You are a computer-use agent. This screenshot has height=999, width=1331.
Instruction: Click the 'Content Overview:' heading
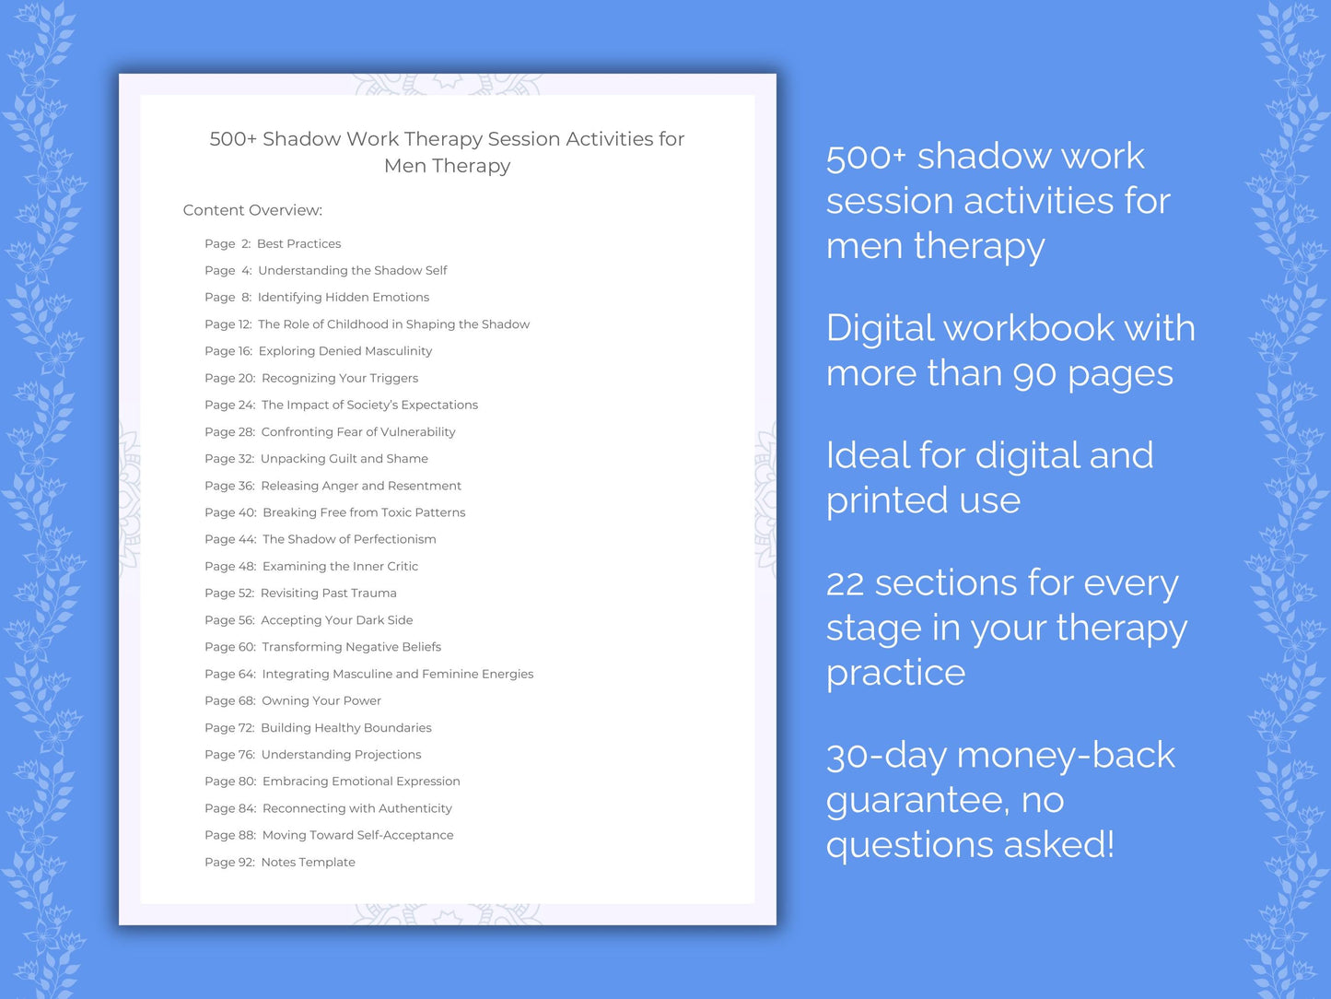click(x=252, y=210)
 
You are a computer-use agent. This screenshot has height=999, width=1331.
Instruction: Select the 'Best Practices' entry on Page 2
click(x=298, y=244)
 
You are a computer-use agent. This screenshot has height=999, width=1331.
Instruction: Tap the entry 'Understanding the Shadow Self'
click(x=352, y=271)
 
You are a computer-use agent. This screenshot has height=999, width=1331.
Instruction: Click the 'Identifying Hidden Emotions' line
click(x=343, y=298)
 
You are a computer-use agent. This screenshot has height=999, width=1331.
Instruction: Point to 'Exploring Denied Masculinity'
click(x=344, y=351)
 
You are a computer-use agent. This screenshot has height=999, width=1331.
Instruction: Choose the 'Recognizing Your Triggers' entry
click(x=339, y=378)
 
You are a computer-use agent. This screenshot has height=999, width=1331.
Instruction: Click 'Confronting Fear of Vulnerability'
click(x=357, y=432)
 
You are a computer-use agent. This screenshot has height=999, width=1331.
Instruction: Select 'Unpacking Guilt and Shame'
click(x=344, y=459)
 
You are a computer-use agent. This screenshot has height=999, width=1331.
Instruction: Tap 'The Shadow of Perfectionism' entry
click(x=349, y=539)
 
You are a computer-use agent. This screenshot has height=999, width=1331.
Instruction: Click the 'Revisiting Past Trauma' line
click(x=328, y=594)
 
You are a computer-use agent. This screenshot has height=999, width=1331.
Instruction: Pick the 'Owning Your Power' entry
click(x=321, y=701)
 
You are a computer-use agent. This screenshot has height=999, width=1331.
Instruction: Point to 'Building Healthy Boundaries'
click(x=345, y=728)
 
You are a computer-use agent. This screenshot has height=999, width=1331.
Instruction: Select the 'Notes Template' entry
click(x=308, y=863)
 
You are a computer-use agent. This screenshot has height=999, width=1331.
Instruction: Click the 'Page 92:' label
click(x=229, y=863)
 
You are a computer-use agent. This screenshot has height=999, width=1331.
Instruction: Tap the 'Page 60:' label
click(x=230, y=647)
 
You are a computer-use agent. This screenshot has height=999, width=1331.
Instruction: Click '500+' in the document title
click(x=232, y=139)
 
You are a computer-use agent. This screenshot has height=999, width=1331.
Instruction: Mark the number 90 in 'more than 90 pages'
click(x=1033, y=374)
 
